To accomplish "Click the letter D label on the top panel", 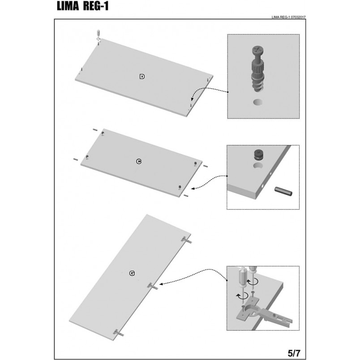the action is point(142,77).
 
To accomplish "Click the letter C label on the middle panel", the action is point(139,162).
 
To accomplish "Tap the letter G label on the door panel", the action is point(132,273).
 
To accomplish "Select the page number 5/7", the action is point(294,352).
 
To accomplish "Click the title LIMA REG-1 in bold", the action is point(82,6).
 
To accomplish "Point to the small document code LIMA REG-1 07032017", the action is point(288,17).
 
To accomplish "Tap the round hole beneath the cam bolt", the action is point(258,103).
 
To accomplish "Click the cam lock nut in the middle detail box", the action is point(259,154).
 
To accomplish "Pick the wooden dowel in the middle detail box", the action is point(283,191).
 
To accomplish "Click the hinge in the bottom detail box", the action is point(264,312).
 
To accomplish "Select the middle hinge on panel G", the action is point(153,286).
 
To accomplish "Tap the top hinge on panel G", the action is point(186,240).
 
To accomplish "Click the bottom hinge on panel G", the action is point(119,333).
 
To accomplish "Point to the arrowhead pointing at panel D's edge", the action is point(191,99).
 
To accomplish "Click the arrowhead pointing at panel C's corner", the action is point(193,189).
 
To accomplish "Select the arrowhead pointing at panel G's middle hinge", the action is point(161,284).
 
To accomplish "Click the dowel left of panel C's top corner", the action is point(95,130).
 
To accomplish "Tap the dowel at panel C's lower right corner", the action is point(186,195).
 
